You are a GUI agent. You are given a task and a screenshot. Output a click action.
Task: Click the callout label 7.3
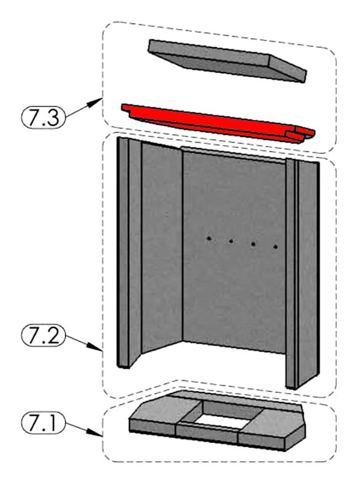pyautogui.click(x=43, y=116)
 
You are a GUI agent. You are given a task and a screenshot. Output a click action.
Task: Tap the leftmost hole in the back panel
pyautogui.click(x=209, y=238)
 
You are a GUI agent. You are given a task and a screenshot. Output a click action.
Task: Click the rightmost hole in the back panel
pyautogui.click(x=276, y=247)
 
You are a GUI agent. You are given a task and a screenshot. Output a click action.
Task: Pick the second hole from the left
pyautogui.click(x=231, y=241)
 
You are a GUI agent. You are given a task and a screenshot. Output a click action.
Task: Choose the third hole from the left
pyautogui.click(x=253, y=244)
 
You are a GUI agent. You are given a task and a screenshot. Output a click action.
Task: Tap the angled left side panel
pyautogui.click(x=161, y=247)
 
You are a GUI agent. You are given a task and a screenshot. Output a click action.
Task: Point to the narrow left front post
pyautogui.click(x=123, y=252)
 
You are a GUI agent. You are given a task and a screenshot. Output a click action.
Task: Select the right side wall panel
pyautogui.click(x=307, y=272)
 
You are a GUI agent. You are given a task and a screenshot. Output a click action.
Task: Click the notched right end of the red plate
pyautogui.click(x=301, y=135)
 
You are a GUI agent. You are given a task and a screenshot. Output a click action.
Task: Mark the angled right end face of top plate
pyautogui.click(x=288, y=69)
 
